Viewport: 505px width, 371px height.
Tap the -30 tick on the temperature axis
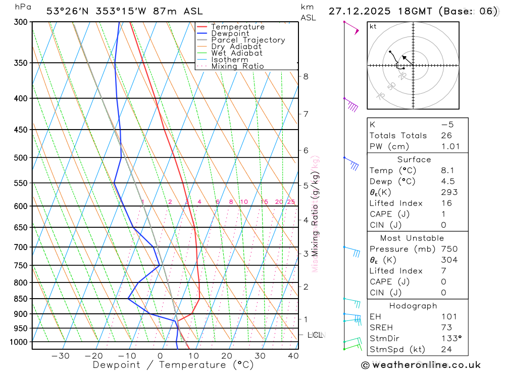pyautogui.click(x=61, y=356)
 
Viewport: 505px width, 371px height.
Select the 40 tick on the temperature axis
pyautogui.click(x=293, y=356)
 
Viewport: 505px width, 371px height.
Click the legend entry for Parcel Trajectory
pyautogui.click(x=248, y=40)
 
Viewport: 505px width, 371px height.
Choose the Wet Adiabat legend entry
pyautogui.click(x=237, y=53)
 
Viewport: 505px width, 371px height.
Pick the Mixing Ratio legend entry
pyautogui.click(x=237, y=66)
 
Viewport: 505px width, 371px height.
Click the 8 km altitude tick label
pyautogui.click(x=306, y=76)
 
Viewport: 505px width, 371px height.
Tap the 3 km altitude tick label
pyautogui.click(x=306, y=253)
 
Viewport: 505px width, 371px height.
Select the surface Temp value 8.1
pyautogui.click(x=447, y=171)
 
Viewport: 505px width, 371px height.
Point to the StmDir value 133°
pyautogui.click(x=449, y=338)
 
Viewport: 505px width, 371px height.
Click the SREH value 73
pyautogui.click(x=445, y=327)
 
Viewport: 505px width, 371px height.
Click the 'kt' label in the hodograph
pyautogui.click(x=373, y=26)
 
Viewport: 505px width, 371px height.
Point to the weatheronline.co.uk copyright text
pyautogui.click(x=421, y=365)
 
